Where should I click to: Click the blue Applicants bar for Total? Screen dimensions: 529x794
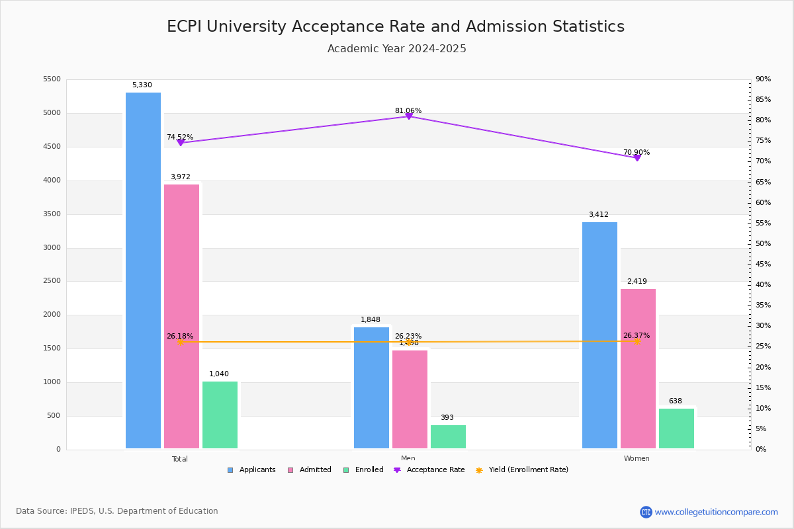coord(143,270)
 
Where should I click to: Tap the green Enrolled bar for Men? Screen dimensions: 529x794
coord(448,436)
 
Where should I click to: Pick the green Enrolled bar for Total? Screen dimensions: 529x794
coord(220,415)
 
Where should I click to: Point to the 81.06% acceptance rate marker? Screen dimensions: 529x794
coord(408,116)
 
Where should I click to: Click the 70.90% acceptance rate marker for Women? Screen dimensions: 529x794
coord(637,157)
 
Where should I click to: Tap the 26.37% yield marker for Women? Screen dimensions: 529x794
coord(637,342)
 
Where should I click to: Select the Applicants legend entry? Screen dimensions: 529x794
coord(251,470)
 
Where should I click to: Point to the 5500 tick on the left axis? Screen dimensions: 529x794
coord(52,79)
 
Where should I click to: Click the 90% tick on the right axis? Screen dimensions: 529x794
coord(763,79)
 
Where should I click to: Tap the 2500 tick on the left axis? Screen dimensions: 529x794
coord(52,281)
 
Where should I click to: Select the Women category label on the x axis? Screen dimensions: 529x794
coord(637,459)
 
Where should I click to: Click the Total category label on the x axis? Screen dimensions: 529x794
coord(180,459)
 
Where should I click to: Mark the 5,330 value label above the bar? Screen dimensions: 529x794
coord(142,85)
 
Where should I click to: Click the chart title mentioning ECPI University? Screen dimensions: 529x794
coord(396,26)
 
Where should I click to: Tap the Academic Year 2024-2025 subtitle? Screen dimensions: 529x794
coord(397,49)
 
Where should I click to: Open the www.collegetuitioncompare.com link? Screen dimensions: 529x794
coord(716,512)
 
